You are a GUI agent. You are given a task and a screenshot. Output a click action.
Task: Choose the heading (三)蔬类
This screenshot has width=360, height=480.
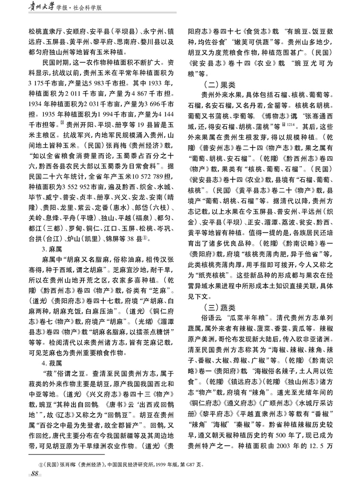[x=217, y=306]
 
